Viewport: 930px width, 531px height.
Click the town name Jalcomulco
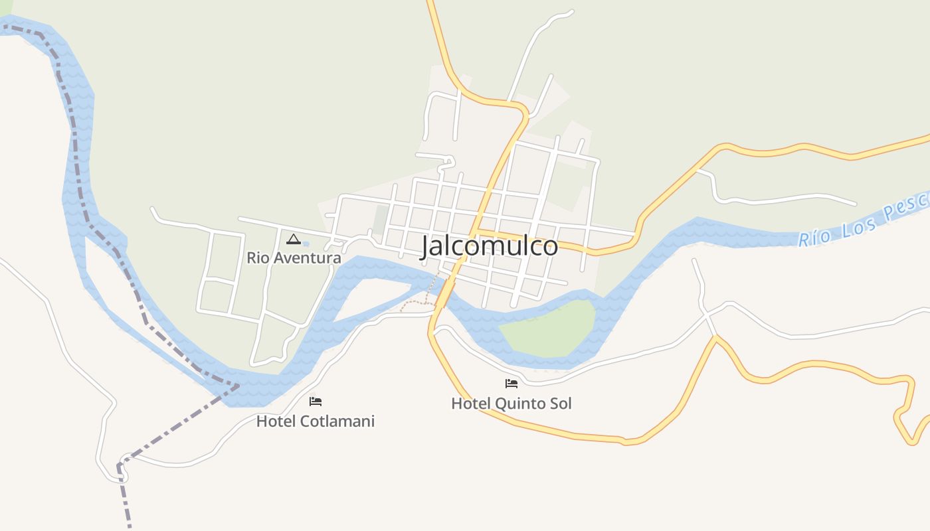tap(489, 246)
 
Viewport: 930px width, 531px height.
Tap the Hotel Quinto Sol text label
tap(511, 404)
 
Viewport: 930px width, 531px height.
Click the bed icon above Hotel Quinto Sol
tap(511, 383)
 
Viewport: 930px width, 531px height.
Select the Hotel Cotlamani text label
tap(316, 421)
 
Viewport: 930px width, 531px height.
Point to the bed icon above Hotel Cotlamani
tap(316, 402)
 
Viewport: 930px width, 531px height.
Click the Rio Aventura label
tap(294, 258)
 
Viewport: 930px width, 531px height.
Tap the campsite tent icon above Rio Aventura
tap(294, 239)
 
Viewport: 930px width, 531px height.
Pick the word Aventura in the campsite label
tap(309, 258)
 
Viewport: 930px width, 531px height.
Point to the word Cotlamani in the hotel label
tap(337, 421)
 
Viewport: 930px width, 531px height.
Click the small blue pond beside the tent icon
tap(306, 244)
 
